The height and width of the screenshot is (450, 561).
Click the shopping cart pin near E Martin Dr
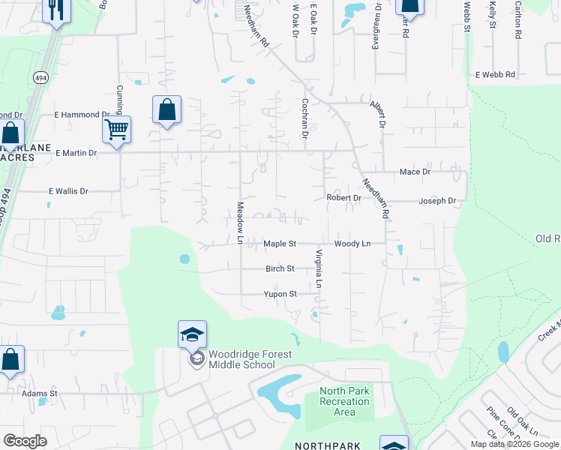coord(116,130)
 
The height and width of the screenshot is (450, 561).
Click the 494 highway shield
coord(40,76)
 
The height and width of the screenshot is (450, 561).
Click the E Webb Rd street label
coord(495,75)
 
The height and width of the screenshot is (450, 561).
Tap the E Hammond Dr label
coord(82,115)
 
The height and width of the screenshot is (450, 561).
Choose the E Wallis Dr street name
coord(68,191)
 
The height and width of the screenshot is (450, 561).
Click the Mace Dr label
coord(415,172)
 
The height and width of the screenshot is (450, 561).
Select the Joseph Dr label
coord(437,201)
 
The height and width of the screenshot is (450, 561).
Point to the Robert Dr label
coord(343,198)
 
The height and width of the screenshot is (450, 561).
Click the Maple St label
coord(280,244)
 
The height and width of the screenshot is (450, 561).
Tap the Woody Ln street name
coord(352,244)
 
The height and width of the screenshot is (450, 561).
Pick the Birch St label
coord(280,268)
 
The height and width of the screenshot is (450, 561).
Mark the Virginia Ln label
coord(318,268)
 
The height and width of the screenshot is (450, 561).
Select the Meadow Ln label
coord(241,222)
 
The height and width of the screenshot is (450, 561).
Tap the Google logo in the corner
coord(25,441)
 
